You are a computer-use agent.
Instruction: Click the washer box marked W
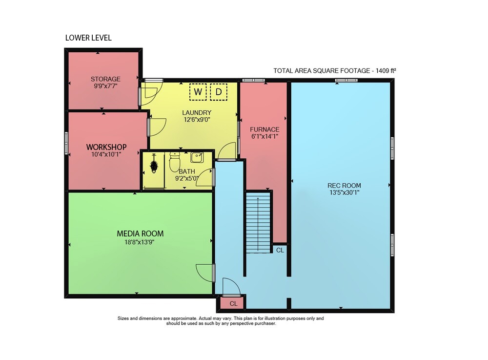198,92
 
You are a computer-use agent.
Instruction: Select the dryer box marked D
219,92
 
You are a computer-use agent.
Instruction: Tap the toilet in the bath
174,162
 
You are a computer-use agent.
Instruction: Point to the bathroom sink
197,158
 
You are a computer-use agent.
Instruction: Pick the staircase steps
258,223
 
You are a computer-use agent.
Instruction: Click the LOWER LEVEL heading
88,38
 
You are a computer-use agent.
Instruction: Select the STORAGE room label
105,79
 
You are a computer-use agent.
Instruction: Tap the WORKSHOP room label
106,147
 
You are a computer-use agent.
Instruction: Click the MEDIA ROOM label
140,233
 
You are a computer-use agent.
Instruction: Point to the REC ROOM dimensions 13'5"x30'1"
344,192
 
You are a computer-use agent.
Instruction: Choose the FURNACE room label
264,129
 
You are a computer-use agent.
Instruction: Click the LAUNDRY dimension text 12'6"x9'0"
197,120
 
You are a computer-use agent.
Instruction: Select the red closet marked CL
233,303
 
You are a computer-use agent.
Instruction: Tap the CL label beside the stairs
280,250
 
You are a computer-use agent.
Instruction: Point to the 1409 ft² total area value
386,71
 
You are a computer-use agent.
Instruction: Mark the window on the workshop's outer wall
66,143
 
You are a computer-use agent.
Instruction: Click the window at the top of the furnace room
253,80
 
